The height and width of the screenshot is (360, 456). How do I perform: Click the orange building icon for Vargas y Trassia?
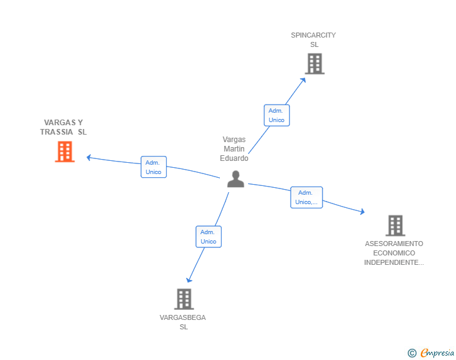[65, 152]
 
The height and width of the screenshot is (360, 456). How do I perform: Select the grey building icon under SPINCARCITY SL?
[314, 63]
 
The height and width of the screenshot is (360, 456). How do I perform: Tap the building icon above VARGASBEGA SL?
[184, 299]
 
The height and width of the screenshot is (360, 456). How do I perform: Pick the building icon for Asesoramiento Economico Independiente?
[395, 225]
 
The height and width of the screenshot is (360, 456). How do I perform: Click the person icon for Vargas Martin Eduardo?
[236, 179]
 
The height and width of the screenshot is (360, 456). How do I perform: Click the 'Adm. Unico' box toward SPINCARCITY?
[276, 115]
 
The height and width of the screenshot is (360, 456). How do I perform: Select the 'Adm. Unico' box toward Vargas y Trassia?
[153, 167]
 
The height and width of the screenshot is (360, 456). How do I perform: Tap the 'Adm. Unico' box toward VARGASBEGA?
[209, 237]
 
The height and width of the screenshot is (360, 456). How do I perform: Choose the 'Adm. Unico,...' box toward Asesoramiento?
[306, 197]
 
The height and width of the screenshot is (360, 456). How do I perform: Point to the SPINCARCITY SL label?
[313, 40]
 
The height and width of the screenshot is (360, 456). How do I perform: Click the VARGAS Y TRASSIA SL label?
[63, 127]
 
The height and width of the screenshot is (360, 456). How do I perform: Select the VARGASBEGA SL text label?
[183, 322]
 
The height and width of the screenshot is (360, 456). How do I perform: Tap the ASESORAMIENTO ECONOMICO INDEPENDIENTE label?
[394, 253]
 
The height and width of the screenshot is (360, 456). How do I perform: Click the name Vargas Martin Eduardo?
[234, 149]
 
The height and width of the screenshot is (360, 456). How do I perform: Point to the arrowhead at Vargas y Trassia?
[89, 157]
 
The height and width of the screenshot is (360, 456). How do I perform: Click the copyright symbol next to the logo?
[412, 353]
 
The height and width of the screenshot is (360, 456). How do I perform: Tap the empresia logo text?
[437, 353]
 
